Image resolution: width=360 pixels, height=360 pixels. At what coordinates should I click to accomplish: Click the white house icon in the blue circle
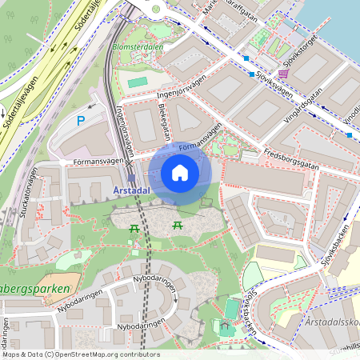coord(180,173)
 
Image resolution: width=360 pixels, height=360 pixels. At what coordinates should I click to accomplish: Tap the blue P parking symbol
coord(80,121)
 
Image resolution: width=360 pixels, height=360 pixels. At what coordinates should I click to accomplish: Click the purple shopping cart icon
coord(282,73)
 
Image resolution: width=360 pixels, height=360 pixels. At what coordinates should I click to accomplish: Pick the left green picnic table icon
coord(134,229)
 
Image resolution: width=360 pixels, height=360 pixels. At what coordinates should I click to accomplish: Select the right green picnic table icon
coord(178,228)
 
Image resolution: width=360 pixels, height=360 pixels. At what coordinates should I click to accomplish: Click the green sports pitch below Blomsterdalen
coord(138,82)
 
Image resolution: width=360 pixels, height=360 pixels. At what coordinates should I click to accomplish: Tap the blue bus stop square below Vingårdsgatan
coord(350,134)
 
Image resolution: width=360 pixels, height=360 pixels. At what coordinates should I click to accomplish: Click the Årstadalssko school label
coord(331,321)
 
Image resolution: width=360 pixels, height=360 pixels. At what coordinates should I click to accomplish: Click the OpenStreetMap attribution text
coord(81,354)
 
